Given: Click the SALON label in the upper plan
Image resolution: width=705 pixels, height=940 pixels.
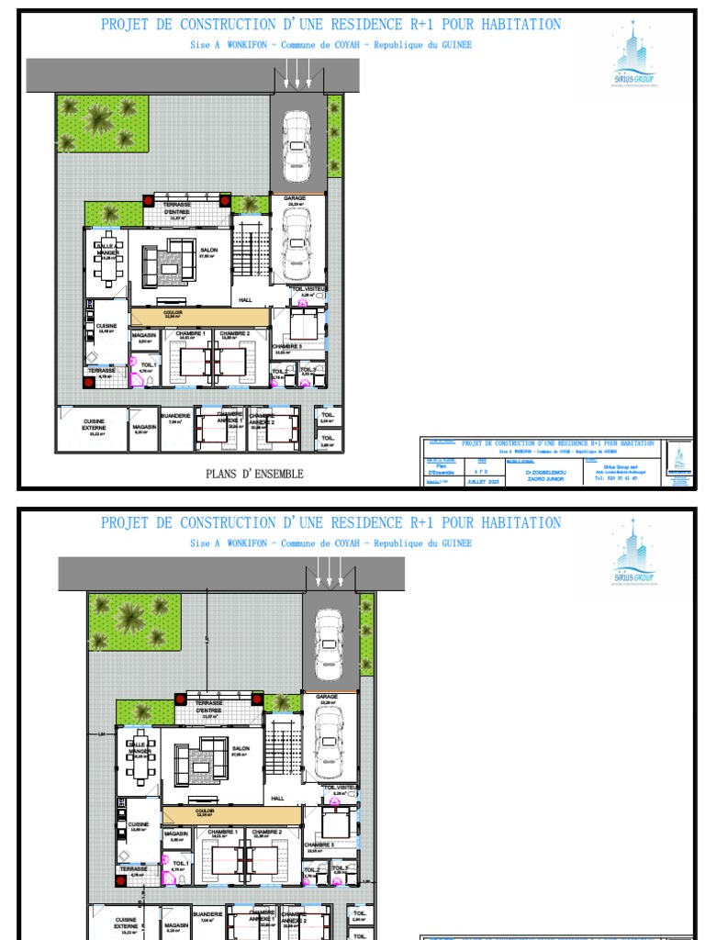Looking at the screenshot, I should click(209, 249).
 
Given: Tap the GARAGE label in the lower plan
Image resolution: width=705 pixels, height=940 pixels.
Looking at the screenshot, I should click(327, 697).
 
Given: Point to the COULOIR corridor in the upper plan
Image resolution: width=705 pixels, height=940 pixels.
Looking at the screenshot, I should click(198, 315).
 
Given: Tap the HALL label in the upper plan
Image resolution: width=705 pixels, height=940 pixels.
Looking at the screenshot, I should click(245, 299).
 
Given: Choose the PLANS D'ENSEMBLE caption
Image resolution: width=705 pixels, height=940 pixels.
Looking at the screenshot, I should click(255, 474).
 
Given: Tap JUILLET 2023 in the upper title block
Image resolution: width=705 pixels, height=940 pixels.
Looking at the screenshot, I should click(483, 481).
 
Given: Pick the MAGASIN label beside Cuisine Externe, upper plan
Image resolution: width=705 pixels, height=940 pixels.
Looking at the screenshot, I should click(142, 427).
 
